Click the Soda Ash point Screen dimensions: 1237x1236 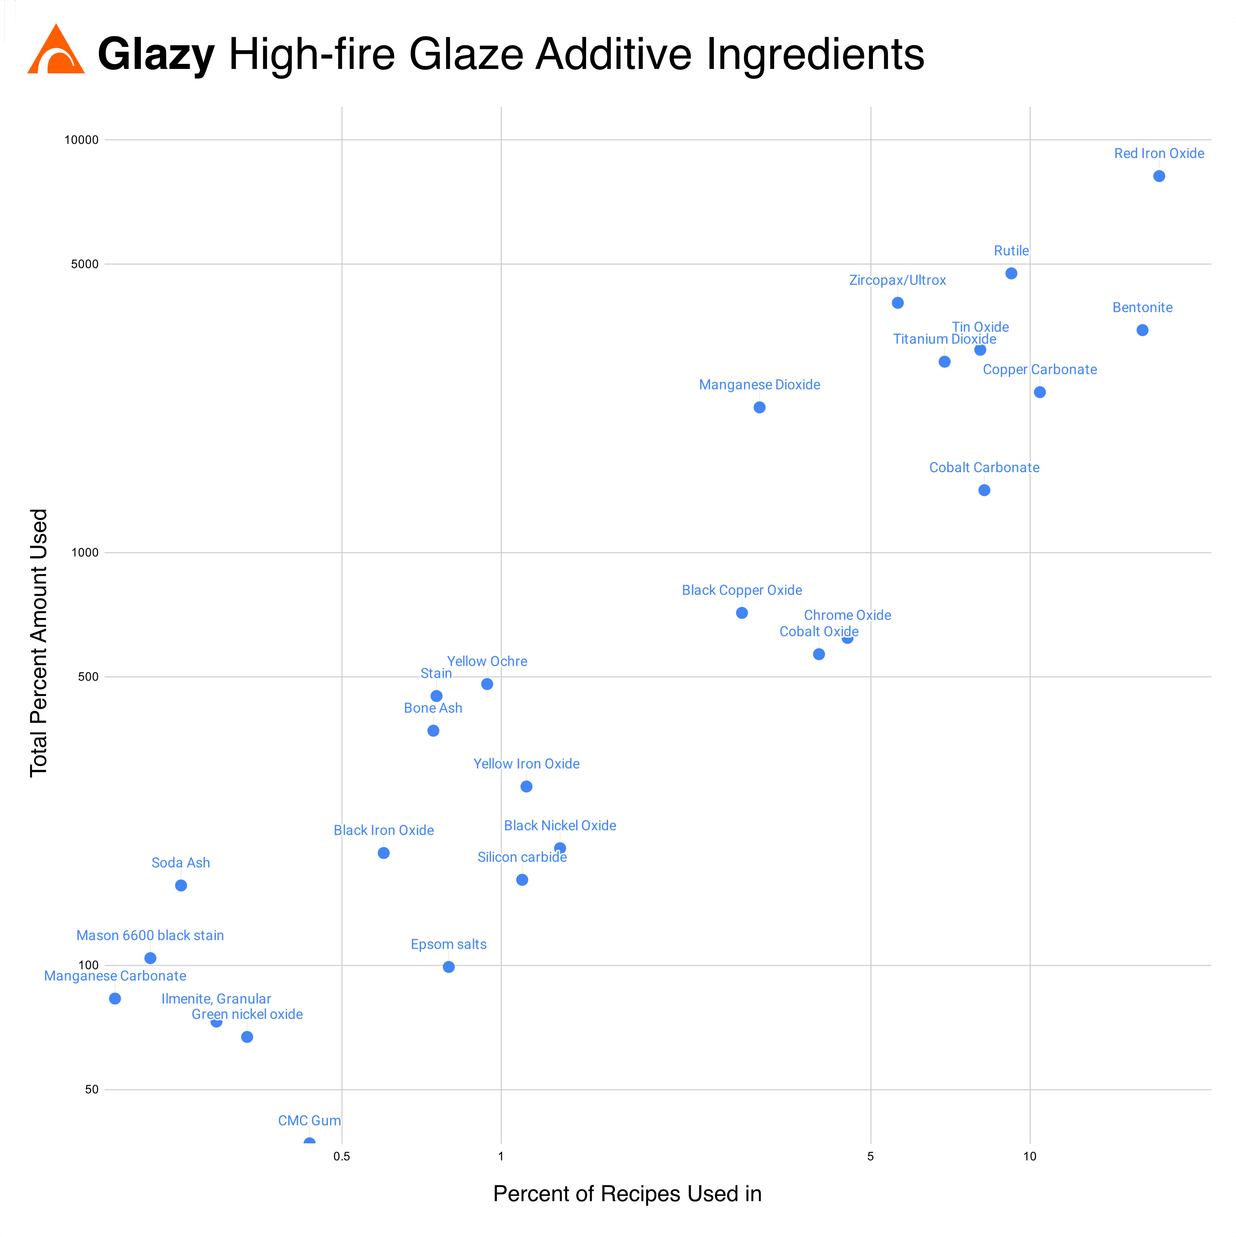click(181, 886)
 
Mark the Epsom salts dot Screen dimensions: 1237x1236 click(449, 967)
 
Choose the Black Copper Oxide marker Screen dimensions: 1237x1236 click(742, 613)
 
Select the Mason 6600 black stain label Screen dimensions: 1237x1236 click(150, 936)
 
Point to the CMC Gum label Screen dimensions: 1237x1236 click(309, 1120)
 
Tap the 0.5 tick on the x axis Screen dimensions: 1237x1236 click(342, 1156)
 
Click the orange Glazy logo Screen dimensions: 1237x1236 click(56, 50)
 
